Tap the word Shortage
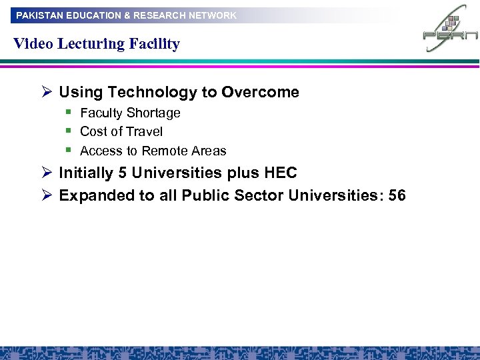pos(155,113)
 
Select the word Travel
pos(145,132)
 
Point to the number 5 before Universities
pos(122,173)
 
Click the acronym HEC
pos(281,173)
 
